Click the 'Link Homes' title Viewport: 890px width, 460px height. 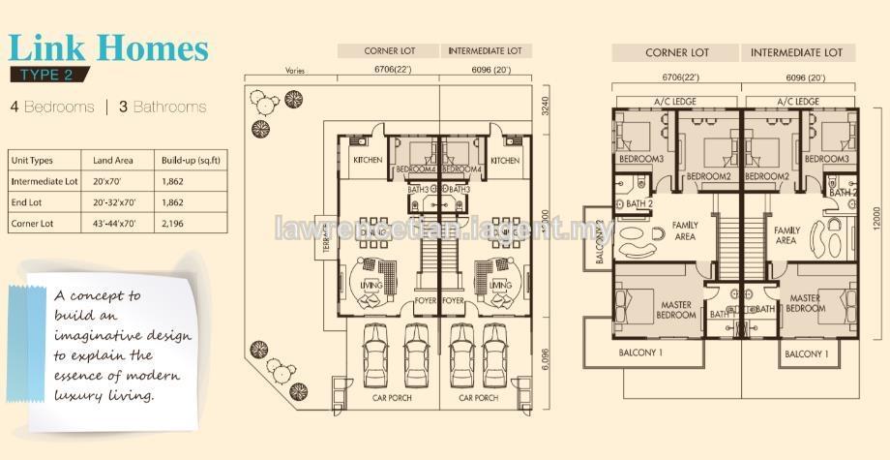(108, 47)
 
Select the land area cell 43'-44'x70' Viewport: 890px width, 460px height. (116, 222)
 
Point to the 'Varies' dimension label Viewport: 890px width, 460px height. (295, 70)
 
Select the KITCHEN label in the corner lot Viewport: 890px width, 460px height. (368, 160)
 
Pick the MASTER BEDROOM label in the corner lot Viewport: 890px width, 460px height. (674, 310)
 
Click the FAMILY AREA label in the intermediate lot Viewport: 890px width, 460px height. (786, 234)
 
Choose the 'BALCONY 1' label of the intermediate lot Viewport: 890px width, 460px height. (805, 354)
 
